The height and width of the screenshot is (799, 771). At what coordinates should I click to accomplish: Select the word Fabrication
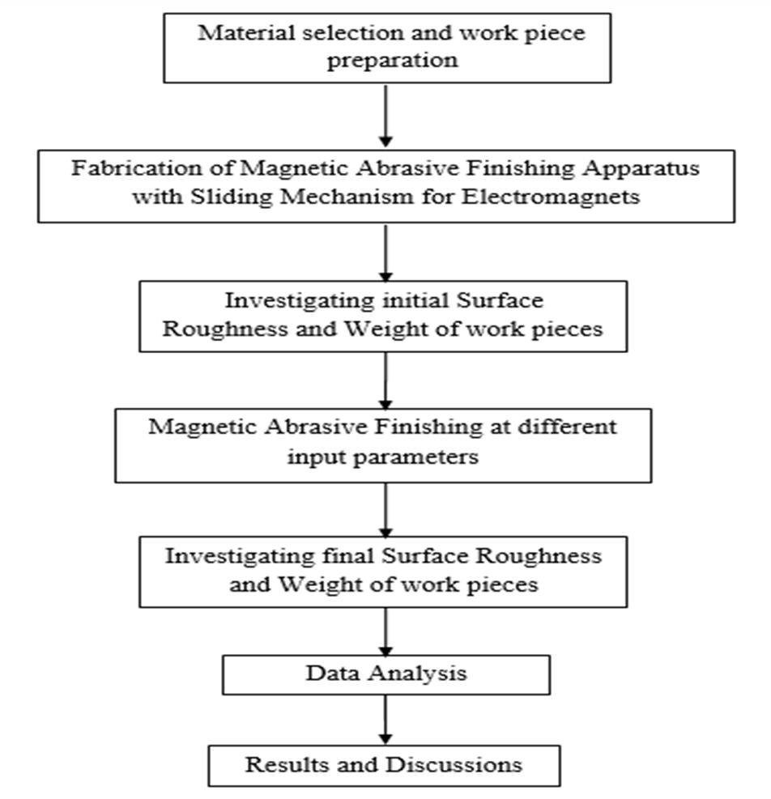pos(121,170)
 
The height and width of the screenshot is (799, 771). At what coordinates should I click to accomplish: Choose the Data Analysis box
pos(386,674)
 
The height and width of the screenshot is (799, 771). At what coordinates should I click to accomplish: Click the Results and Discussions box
pos(384,765)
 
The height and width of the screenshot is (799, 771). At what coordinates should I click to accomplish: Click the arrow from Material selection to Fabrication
pos(386,116)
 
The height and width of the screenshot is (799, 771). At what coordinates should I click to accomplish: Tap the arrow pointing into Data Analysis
pos(386,631)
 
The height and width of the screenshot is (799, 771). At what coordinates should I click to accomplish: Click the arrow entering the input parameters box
pos(386,380)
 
